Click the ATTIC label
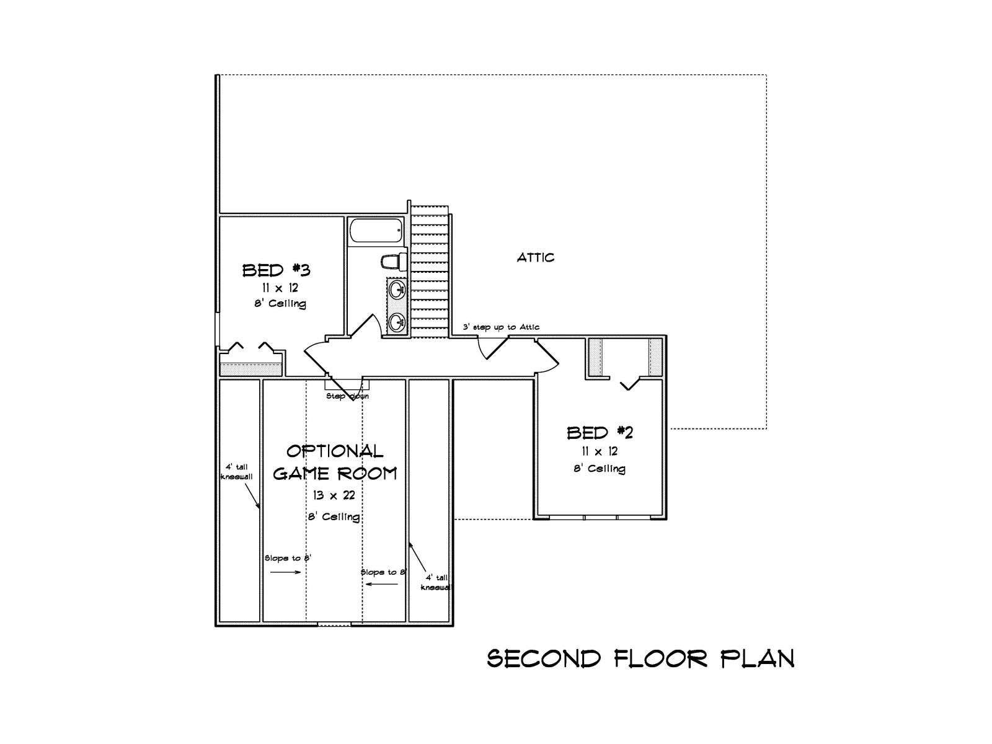pos(535,257)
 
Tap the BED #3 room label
pos(276,270)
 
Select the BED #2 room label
pos(600,433)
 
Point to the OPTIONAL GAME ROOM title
pos(335,462)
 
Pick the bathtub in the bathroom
pos(376,231)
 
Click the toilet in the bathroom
pos(394,262)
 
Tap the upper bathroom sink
pos(397,290)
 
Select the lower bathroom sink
pos(397,322)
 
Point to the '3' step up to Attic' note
pos(501,327)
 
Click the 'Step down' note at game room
pos(347,396)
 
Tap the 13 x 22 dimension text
pos(334,495)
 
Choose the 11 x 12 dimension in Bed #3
pos(280,288)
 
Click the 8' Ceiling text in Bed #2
pos(600,469)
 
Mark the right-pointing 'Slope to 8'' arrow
pos(285,572)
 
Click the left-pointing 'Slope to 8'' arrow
pos(382,584)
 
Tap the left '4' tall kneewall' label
pos(236,472)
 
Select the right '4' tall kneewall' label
pos(436,583)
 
